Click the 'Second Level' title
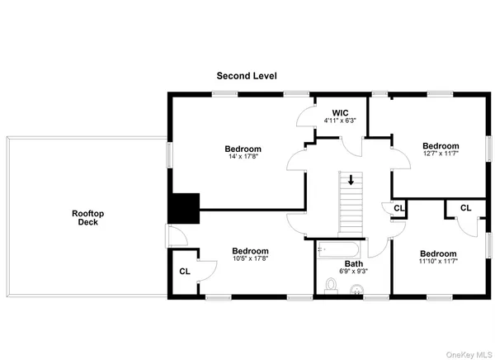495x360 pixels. (x=247, y=76)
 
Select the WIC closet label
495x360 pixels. (x=342, y=112)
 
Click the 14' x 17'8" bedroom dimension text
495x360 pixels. (x=243, y=156)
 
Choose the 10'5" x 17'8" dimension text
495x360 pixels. (x=249, y=258)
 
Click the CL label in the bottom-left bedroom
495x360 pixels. (x=185, y=270)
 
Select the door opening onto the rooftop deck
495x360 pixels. (x=169, y=237)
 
